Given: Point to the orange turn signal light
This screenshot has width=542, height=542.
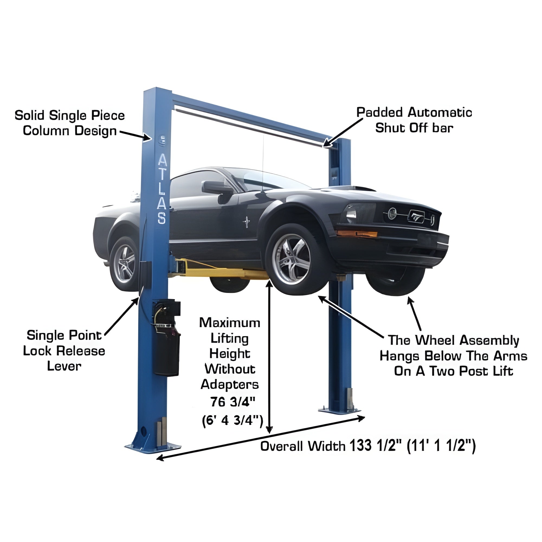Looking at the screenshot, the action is click(357, 233).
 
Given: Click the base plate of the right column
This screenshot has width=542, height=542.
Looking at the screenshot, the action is click(339, 410).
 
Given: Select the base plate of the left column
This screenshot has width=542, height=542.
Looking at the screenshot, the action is click(153, 448).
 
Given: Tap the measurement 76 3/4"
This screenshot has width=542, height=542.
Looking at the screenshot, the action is click(233, 402).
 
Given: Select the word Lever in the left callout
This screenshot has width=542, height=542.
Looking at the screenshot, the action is click(64, 366).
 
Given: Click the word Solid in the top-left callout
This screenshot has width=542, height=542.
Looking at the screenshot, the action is click(30, 115).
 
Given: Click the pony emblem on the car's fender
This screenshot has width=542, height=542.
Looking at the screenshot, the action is click(247, 222).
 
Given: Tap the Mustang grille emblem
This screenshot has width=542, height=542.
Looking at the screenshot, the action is click(416, 216).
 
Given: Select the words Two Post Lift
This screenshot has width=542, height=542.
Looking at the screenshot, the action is click(471, 371).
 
